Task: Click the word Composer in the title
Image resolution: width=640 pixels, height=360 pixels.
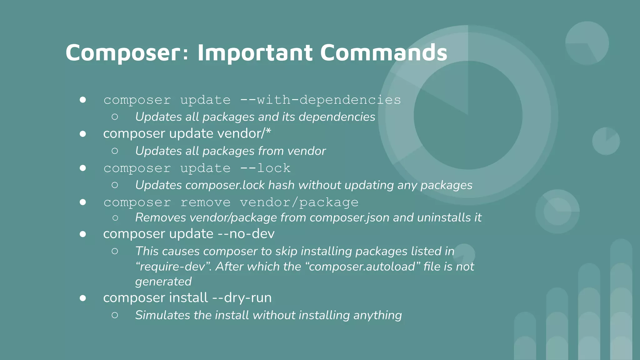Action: click(x=123, y=52)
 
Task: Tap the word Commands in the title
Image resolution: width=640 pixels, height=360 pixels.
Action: click(x=383, y=52)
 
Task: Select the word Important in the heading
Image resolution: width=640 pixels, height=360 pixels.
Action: click(x=255, y=52)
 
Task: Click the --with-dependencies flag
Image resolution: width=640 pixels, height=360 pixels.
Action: click(x=320, y=100)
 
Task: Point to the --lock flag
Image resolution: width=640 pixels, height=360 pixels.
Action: click(x=265, y=168)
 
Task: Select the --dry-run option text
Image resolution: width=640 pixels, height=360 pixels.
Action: click(x=242, y=298)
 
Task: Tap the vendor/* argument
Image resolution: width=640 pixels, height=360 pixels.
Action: click(x=244, y=134)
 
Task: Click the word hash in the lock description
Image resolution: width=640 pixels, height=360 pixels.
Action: click(x=281, y=185)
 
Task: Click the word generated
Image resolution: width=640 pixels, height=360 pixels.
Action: click(x=163, y=282)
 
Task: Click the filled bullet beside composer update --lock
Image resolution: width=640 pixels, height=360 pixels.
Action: click(x=83, y=168)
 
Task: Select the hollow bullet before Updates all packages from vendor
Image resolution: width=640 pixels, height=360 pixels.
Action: click(x=115, y=151)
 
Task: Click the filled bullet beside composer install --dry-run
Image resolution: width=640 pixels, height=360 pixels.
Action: click(x=83, y=298)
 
